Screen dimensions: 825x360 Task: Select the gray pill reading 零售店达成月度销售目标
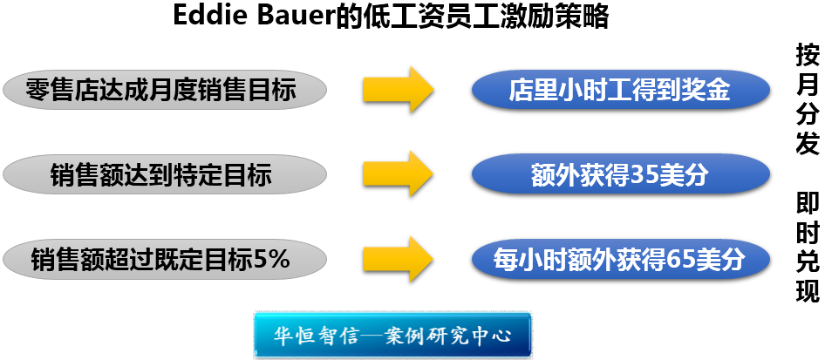click(165, 90)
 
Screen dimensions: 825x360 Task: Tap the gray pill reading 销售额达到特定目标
click(165, 174)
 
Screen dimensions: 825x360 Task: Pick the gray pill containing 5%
click(165, 259)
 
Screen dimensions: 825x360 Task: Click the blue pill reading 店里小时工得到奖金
click(621, 90)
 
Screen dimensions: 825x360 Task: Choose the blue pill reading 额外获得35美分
click(621, 174)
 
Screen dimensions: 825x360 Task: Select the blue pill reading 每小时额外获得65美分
click(621, 259)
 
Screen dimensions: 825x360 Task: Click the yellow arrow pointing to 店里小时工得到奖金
click(399, 89)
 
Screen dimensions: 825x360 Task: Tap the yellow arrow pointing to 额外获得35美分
click(399, 174)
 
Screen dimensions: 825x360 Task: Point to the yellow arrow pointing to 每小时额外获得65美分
click(399, 259)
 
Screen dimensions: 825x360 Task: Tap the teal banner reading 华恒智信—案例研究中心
click(392, 336)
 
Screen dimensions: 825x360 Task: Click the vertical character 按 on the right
click(808, 56)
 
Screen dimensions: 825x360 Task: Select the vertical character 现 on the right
click(808, 290)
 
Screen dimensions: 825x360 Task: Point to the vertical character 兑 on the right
click(808, 262)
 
